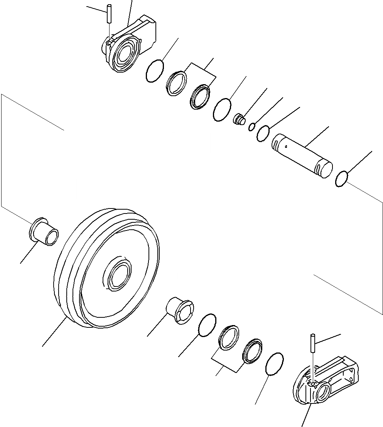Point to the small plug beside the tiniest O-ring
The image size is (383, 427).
239,119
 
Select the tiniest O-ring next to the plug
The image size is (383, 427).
251,127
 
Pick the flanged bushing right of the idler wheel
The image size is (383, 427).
180,310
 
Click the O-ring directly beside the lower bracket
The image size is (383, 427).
275,364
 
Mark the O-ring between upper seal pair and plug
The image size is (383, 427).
222,109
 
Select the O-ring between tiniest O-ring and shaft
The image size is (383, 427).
263,133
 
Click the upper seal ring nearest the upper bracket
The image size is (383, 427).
177,83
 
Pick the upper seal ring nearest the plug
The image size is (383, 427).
201,97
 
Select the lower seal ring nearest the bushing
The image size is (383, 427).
229,337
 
